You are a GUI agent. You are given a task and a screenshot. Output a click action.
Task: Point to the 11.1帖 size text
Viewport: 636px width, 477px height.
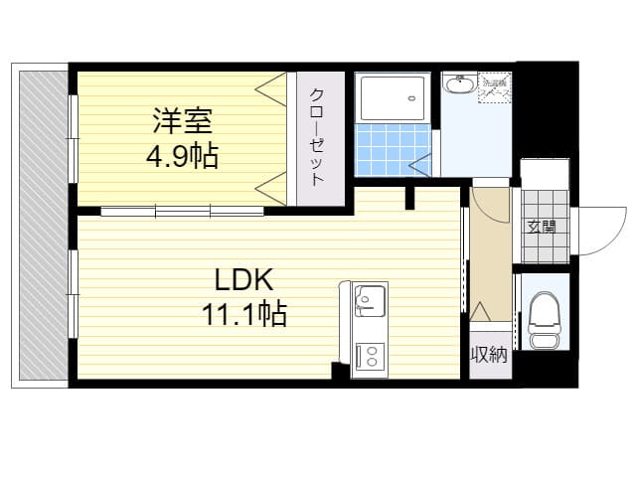pyautogui.click(x=244, y=315)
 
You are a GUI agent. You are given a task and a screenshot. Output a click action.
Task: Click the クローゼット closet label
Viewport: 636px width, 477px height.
pyautogui.click(x=316, y=137)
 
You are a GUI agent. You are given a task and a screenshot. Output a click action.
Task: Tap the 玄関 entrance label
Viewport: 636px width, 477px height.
pyautogui.click(x=542, y=227)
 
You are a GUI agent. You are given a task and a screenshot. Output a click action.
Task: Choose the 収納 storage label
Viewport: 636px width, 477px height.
pyautogui.click(x=490, y=355)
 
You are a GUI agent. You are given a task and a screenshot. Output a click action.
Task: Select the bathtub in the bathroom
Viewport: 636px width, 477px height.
pyautogui.click(x=392, y=98)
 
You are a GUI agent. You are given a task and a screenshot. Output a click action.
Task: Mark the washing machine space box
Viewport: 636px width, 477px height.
pyautogui.click(x=494, y=85)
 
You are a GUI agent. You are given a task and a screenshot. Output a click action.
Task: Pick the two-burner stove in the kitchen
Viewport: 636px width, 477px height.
pyautogui.click(x=370, y=356)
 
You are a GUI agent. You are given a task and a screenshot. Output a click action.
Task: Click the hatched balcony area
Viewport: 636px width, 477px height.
pyautogui.click(x=41, y=224)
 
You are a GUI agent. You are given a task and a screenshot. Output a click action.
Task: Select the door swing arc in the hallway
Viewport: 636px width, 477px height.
pyautogui.click(x=489, y=204)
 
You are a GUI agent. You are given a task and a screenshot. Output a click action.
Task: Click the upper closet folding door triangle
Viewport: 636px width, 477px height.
pyautogui.click(x=271, y=90)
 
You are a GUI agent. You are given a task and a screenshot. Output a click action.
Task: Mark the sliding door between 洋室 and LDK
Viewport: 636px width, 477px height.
pyautogui.click(x=182, y=210)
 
